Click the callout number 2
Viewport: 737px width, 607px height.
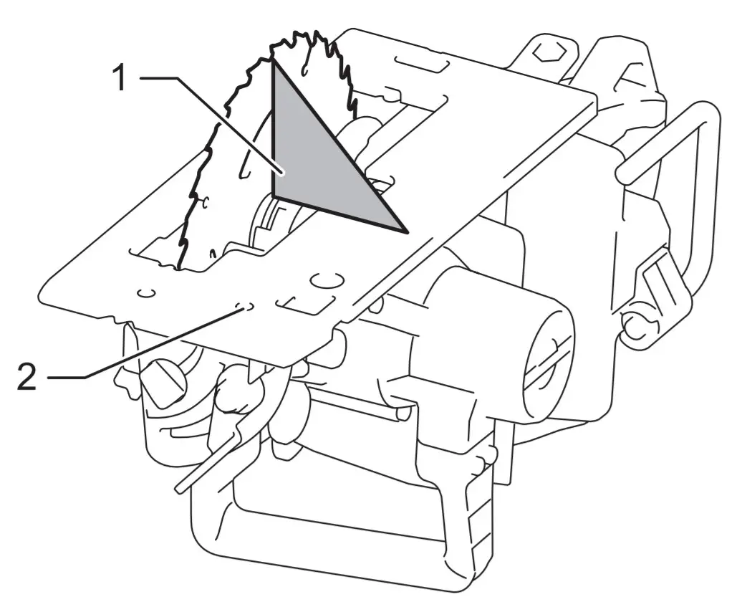click(x=27, y=377)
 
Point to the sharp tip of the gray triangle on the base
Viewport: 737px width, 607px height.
click(x=405, y=231)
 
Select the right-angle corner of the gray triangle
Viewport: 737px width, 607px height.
click(x=274, y=194)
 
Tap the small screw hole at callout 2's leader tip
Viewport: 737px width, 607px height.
click(x=244, y=307)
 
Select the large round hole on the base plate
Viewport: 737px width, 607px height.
click(x=327, y=278)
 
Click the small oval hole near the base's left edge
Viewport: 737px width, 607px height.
click(x=147, y=293)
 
